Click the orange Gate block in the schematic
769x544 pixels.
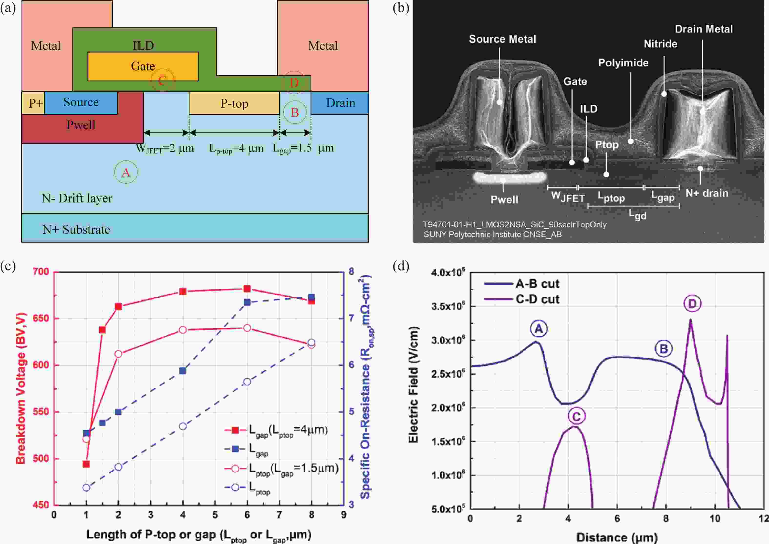tap(143, 66)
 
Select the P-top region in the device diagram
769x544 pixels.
tap(234, 103)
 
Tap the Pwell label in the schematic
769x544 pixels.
tap(81, 125)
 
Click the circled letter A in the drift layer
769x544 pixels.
tap(126, 172)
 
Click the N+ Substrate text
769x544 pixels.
tap(76, 230)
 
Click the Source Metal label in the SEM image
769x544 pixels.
tap(502, 39)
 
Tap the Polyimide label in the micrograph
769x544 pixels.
tap(623, 63)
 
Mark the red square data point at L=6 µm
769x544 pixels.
tap(247, 289)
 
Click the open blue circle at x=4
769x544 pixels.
tap(183, 426)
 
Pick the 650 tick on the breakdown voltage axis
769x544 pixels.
tap(41, 318)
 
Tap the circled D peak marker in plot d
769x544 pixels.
tap(692, 303)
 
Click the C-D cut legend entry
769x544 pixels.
tap(537, 299)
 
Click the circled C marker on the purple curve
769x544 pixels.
tap(576, 416)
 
